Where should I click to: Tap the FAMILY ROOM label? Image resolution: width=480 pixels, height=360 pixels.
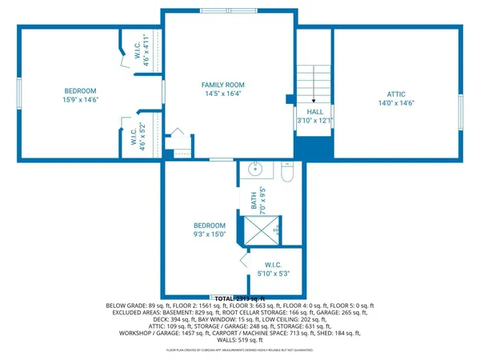pos(222,85)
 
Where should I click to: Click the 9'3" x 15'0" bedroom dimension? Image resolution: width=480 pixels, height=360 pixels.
pos(209,235)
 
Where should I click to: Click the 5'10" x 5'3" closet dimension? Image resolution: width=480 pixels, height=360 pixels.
pos(271,274)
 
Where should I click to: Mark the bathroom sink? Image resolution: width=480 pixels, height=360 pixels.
pos(258,170)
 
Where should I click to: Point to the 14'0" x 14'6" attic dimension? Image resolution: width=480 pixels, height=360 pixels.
pos(395,103)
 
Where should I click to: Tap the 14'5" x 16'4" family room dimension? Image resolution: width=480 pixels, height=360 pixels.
pos(222,94)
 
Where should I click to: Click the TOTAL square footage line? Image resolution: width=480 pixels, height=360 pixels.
pos(239,298)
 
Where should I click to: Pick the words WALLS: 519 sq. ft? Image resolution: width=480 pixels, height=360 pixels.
pos(239,340)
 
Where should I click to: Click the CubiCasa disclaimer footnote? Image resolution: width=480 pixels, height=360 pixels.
pos(239,350)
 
